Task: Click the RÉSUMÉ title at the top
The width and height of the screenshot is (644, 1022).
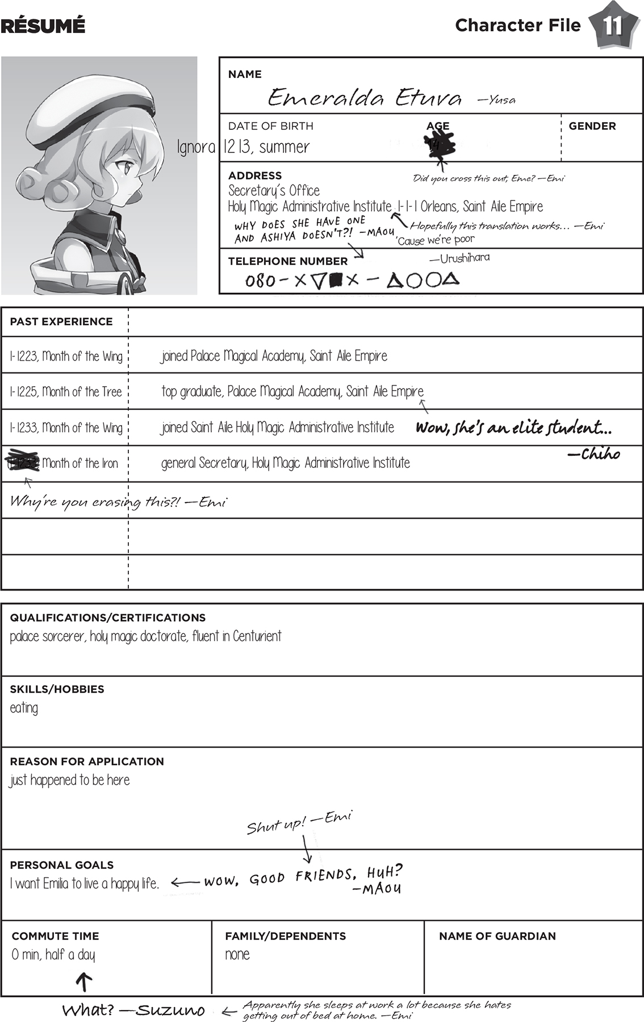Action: pyautogui.click(x=43, y=26)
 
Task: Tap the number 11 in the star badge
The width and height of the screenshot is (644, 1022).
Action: pyautogui.click(x=613, y=26)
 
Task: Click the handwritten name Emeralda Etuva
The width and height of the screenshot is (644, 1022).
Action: pyautogui.click(x=365, y=98)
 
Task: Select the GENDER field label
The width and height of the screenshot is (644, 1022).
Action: pyautogui.click(x=592, y=126)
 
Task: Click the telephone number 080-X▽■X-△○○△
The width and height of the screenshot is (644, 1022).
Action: pyautogui.click(x=352, y=280)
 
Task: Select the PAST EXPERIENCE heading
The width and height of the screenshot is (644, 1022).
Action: pyautogui.click(x=61, y=321)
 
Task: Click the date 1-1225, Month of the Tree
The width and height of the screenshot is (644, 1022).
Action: pyautogui.click(x=66, y=392)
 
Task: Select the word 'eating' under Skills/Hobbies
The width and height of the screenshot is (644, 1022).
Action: pyautogui.click(x=24, y=708)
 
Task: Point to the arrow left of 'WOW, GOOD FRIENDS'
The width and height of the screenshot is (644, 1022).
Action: pyautogui.click(x=185, y=883)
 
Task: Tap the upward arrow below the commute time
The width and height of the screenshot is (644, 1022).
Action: pyautogui.click(x=84, y=981)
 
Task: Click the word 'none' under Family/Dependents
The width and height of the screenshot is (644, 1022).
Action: pyautogui.click(x=237, y=954)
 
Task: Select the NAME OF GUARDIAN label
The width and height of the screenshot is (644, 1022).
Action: pyautogui.click(x=497, y=936)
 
